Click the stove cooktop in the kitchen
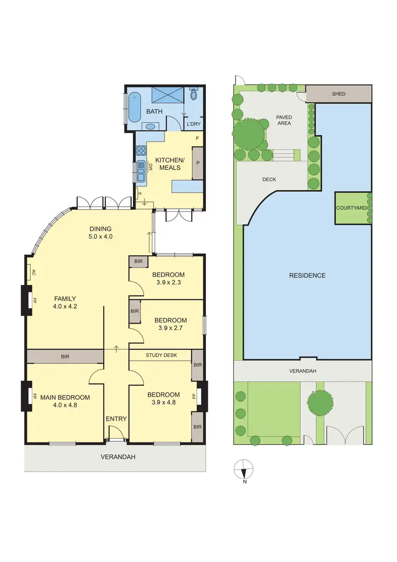tap(141, 150)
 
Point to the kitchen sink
tap(141, 171)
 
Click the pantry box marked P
tap(197, 163)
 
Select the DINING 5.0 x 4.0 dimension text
tap(100, 233)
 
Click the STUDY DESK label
tap(161, 355)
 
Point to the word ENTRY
tap(116, 419)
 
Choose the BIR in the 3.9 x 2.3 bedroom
tap(139, 262)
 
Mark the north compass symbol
tap(243, 469)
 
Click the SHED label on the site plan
tap(338, 94)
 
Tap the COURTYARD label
tap(351, 208)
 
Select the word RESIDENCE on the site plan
tap(307, 275)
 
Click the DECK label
tap(269, 180)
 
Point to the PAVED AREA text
tap(284, 120)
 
